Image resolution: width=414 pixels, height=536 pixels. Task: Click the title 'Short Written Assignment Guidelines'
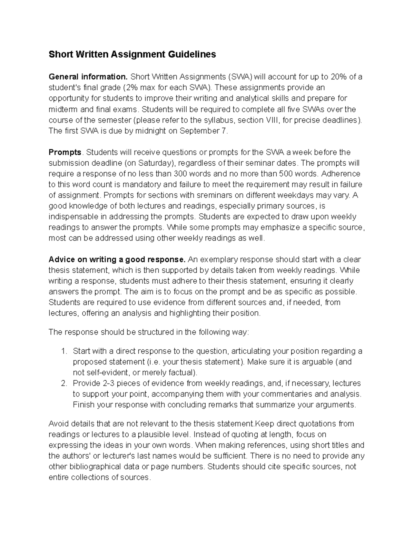(x=132, y=55)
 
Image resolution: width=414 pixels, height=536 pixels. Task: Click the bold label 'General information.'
(x=88, y=77)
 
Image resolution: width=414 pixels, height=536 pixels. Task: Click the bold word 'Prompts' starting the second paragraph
(x=65, y=153)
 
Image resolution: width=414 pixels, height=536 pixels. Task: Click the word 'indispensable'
(x=72, y=217)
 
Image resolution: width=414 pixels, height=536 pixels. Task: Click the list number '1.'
(x=63, y=351)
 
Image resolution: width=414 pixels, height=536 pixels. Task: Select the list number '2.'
(x=63, y=383)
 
